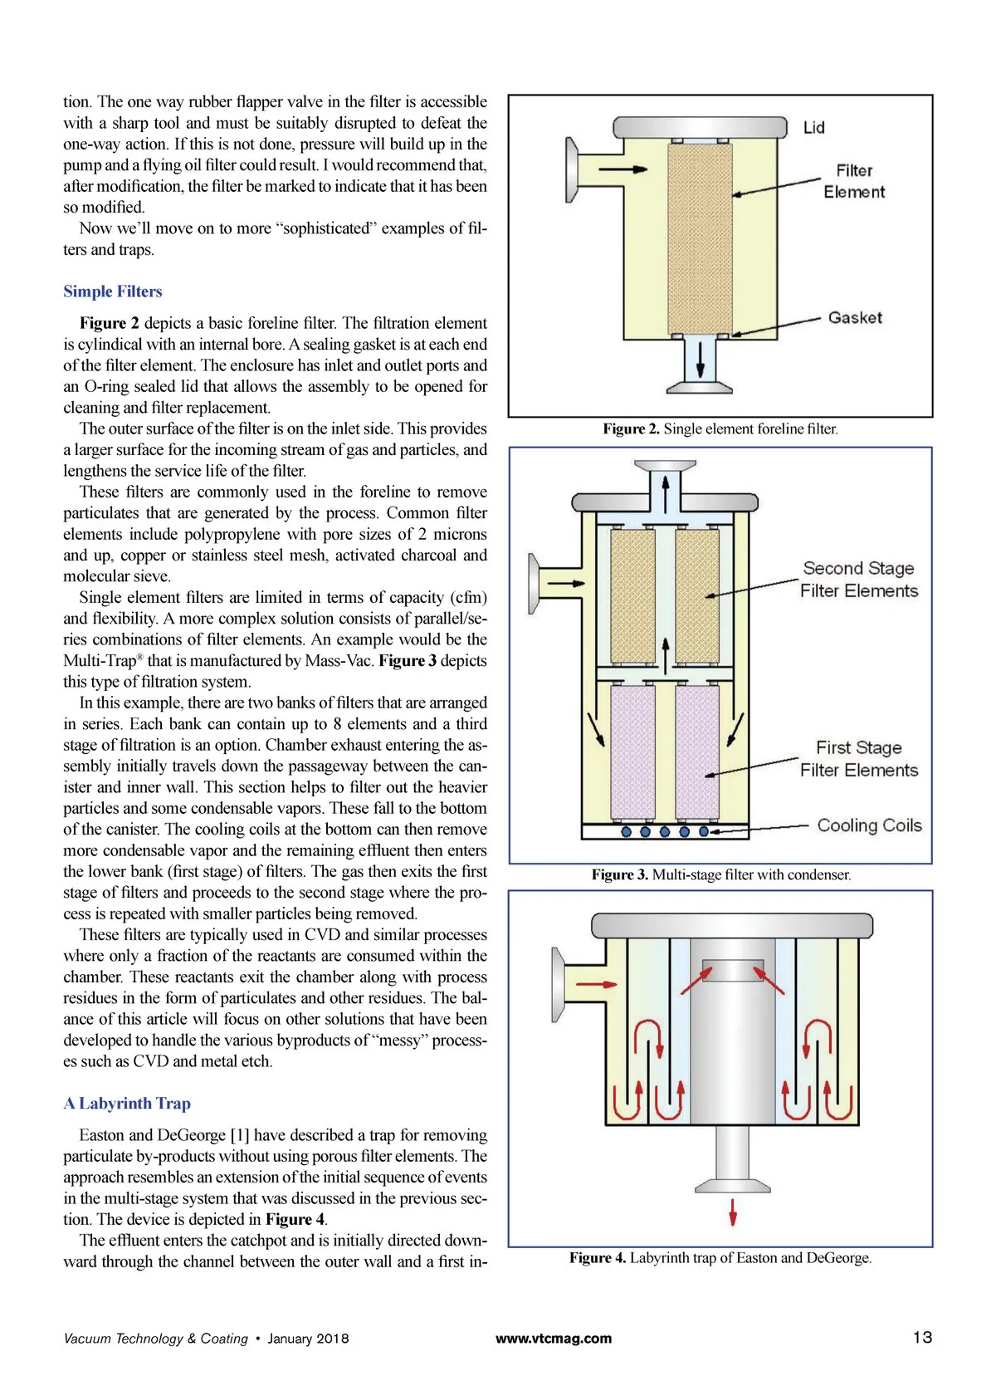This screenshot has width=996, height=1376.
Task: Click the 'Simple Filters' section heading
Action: (x=112, y=291)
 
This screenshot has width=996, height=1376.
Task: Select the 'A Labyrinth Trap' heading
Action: (x=127, y=1104)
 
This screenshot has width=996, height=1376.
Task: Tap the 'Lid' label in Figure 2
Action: (x=813, y=128)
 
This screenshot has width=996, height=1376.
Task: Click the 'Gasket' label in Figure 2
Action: (x=855, y=317)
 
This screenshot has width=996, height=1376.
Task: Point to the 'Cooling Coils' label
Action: (x=870, y=825)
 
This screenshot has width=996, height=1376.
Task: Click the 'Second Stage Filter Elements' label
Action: (x=858, y=580)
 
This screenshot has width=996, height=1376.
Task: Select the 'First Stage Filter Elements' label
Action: (x=858, y=759)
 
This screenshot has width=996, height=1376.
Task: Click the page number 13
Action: (x=923, y=1337)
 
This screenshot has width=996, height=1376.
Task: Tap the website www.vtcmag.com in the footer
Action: (x=554, y=1339)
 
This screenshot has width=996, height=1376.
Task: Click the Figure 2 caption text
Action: (x=720, y=428)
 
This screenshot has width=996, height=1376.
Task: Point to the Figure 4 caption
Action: (x=720, y=1257)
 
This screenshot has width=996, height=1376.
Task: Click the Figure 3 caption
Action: (x=721, y=874)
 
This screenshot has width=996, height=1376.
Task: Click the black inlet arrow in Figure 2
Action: (x=622, y=169)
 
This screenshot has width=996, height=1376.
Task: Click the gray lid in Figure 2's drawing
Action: (x=700, y=127)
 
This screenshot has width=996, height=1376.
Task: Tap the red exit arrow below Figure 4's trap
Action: (x=733, y=1212)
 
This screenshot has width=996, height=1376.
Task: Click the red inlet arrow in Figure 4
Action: (x=596, y=984)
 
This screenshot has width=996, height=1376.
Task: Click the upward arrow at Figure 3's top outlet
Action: (x=666, y=491)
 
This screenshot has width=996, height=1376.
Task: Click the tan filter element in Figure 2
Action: (x=700, y=238)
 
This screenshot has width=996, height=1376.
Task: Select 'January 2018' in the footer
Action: (x=308, y=1339)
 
